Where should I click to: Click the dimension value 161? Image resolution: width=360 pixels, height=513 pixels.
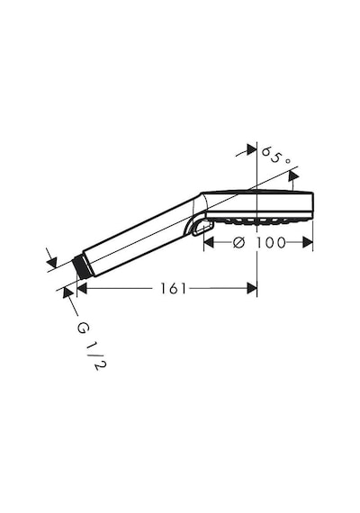(x=173, y=289)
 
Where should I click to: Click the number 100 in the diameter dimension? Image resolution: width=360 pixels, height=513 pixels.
(x=271, y=243)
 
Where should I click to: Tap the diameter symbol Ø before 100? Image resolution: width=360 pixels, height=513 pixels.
(x=238, y=243)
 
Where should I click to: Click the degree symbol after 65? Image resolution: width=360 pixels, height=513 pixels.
(x=287, y=161)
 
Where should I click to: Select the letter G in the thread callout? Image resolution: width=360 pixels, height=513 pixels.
(x=83, y=328)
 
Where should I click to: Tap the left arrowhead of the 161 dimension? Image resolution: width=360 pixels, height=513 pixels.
(x=82, y=289)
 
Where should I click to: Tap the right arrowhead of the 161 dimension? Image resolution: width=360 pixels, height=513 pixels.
(x=252, y=289)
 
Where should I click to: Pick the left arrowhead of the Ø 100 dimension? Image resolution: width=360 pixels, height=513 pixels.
(x=209, y=243)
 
